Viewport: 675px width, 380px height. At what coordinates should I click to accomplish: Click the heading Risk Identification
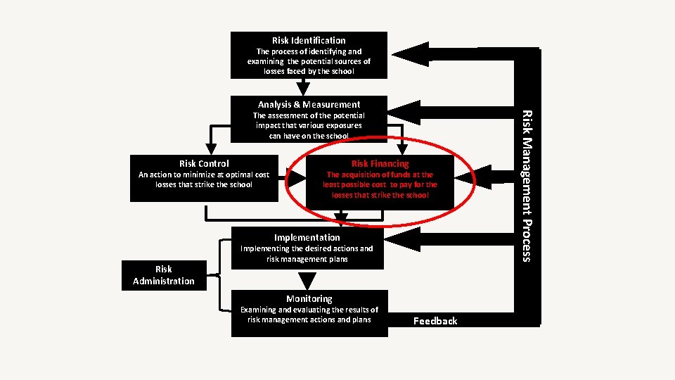click(x=309, y=40)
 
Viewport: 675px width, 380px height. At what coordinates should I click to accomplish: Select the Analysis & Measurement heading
click(x=309, y=104)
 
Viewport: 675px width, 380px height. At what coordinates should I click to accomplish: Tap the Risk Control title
click(x=204, y=163)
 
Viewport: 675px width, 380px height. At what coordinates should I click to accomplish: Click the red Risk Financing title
click(x=380, y=163)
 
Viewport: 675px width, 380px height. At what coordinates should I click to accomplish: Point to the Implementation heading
click(x=307, y=237)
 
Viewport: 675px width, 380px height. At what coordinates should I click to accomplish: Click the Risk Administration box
click(x=164, y=275)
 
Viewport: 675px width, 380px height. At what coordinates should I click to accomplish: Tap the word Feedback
click(x=435, y=321)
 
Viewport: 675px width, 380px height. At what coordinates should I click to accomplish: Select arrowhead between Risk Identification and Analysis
click(x=303, y=87)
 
